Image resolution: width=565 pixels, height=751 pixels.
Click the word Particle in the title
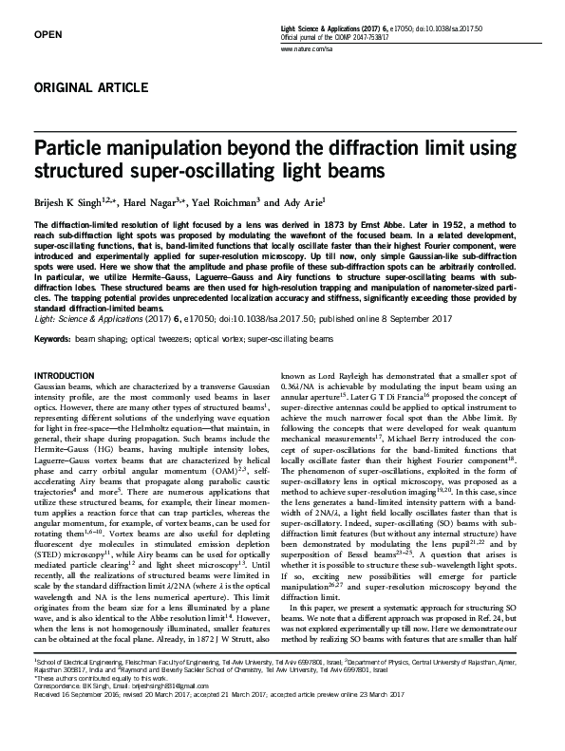[72, 149]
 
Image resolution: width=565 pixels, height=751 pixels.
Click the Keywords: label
[52, 338]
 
